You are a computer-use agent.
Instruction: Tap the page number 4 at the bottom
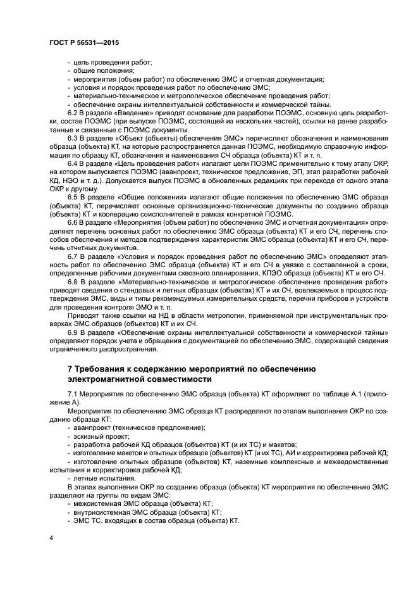(x=51, y=538)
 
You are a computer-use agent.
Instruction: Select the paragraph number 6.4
(x=73, y=163)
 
